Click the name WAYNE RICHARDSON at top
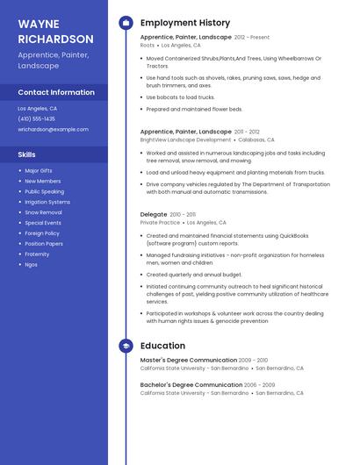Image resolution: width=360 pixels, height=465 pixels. click(55, 32)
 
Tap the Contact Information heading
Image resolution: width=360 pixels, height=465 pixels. click(56, 92)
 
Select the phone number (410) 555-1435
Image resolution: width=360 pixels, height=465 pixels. click(36, 118)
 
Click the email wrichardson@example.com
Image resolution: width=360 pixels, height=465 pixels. click(53, 129)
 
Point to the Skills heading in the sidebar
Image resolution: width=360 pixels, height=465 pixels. click(27, 154)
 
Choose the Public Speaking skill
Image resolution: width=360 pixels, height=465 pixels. click(44, 191)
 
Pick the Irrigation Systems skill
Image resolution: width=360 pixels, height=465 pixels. click(47, 202)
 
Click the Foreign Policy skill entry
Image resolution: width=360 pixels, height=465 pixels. click(42, 233)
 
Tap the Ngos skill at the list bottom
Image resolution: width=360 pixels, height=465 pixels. click(32, 264)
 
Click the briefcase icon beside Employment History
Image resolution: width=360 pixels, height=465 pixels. click(126, 23)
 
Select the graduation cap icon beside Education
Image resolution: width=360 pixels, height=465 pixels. click(126, 346)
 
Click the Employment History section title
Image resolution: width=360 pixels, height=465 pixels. click(184, 23)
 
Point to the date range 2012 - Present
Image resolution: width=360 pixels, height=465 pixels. click(253, 38)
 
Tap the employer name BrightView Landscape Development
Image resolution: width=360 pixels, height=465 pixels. click(185, 139)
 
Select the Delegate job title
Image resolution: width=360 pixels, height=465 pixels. click(153, 214)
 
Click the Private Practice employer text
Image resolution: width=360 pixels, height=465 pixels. click(159, 223)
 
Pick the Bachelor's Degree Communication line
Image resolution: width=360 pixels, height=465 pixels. click(191, 384)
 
